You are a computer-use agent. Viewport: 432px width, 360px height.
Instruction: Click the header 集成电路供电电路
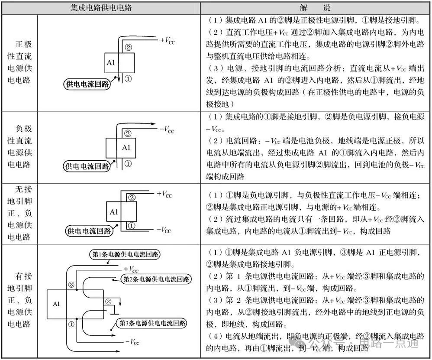(x=101, y=7)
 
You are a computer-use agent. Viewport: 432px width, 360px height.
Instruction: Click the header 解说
(x=315, y=7)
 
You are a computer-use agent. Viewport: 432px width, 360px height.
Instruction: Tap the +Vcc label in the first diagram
(x=167, y=41)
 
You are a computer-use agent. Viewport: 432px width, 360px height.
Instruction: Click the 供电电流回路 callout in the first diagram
(x=87, y=84)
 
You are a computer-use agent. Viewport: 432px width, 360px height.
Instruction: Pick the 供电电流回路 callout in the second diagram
(x=87, y=166)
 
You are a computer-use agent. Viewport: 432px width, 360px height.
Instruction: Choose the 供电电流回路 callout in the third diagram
(x=89, y=231)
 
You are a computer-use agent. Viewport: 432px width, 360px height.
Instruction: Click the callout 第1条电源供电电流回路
(x=125, y=254)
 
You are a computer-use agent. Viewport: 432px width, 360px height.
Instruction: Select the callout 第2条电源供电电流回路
(x=156, y=279)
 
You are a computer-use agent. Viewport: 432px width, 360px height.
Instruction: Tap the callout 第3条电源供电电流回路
(x=152, y=323)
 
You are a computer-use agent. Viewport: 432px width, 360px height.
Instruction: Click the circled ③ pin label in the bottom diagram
(x=71, y=285)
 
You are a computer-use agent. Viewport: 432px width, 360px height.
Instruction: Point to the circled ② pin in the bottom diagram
(x=108, y=302)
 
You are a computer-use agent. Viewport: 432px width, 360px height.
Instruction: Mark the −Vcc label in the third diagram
(x=164, y=230)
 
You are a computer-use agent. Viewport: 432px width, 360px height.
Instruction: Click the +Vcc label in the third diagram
(x=164, y=194)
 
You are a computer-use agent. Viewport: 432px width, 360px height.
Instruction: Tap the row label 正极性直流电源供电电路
(x=19, y=62)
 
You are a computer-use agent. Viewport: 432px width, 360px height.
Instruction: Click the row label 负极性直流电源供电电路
(x=19, y=147)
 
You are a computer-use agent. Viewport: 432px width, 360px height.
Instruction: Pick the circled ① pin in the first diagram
(x=128, y=78)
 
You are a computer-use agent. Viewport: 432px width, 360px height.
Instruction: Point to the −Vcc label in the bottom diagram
(x=132, y=342)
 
